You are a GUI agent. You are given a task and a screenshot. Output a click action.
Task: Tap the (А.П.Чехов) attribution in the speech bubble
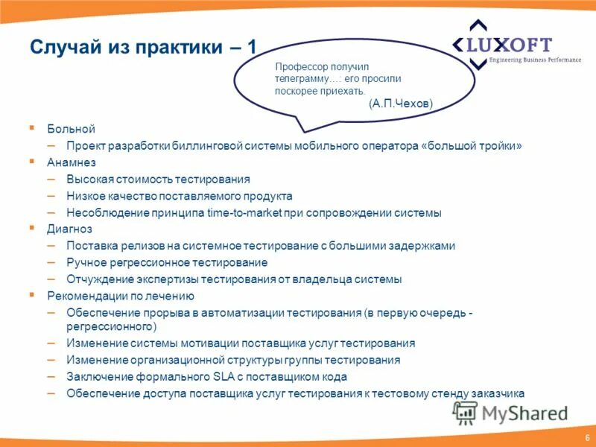click(400, 105)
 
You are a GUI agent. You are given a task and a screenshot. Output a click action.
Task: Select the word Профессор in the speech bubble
click(300, 67)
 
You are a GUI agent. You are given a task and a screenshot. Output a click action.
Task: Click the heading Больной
click(72, 130)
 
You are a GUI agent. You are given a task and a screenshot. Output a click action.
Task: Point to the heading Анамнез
click(72, 162)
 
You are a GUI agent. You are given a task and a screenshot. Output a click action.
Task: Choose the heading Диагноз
click(70, 229)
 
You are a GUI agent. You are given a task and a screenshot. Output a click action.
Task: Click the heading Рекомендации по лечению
click(110, 296)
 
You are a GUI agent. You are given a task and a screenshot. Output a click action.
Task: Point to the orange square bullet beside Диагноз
click(32, 228)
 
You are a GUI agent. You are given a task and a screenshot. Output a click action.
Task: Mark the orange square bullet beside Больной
click(32, 129)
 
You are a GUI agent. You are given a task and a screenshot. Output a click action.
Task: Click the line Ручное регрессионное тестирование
click(167, 262)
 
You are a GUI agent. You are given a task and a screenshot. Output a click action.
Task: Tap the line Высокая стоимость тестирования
click(158, 179)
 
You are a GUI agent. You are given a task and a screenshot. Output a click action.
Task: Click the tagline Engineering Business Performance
click(534, 60)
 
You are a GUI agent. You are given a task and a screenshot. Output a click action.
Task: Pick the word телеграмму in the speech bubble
click(300, 78)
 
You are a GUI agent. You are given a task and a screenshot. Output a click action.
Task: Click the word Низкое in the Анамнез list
click(84, 196)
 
